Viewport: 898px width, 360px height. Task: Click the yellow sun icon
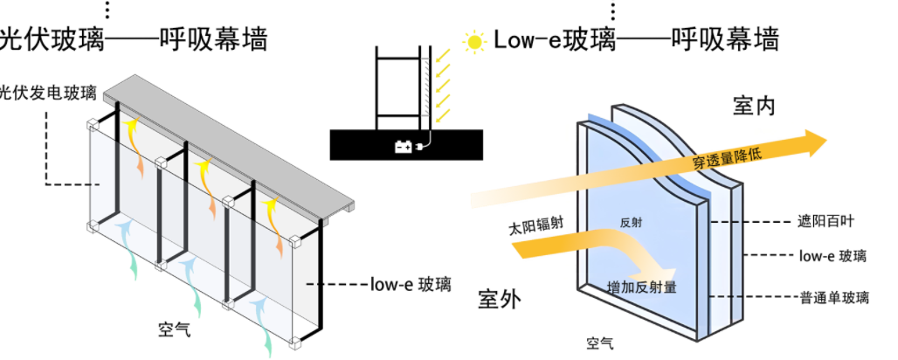click(474, 40)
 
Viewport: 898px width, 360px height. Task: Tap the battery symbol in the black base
click(404, 148)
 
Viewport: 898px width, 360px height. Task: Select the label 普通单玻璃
click(834, 297)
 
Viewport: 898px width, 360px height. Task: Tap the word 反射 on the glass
click(631, 223)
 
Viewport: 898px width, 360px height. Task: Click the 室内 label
click(754, 107)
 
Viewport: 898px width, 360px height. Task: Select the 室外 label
click(500, 299)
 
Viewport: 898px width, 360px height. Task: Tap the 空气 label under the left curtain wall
click(174, 331)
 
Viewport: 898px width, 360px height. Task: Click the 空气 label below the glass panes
click(601, 343)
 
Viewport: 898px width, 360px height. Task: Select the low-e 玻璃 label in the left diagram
click(405, 284)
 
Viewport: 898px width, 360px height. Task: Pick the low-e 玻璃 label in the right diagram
click(832, 256)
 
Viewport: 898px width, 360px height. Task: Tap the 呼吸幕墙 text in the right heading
click(725, 39)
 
